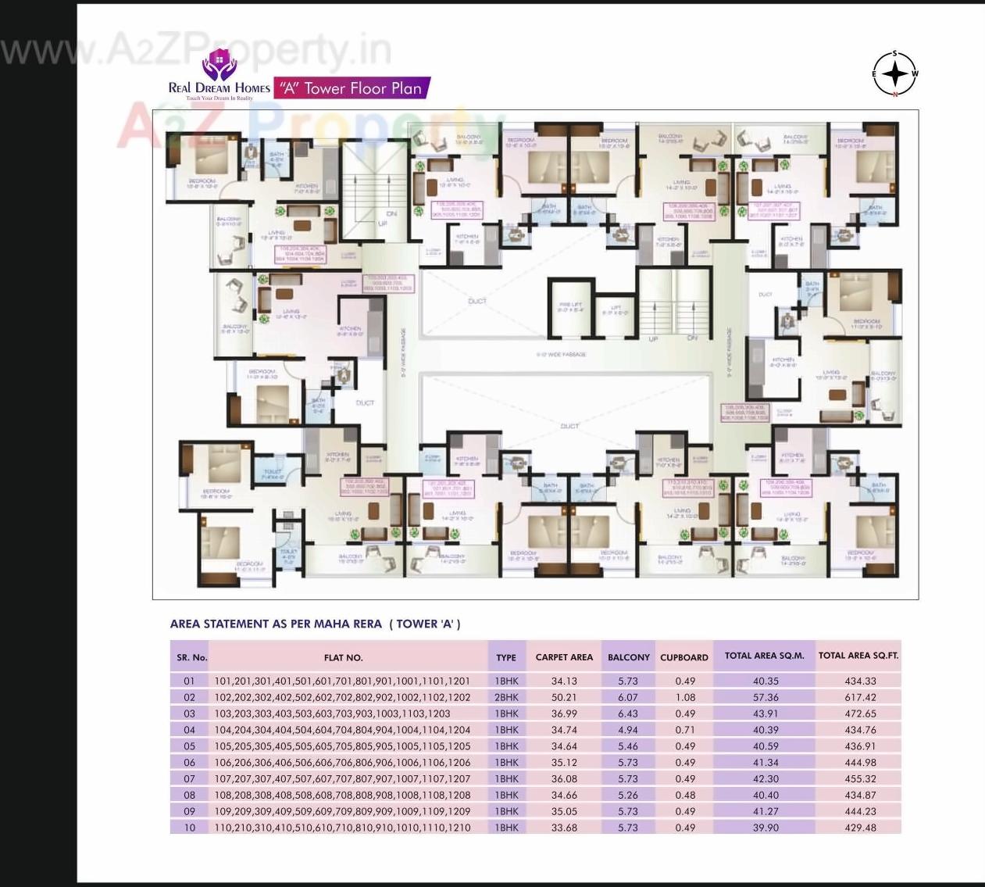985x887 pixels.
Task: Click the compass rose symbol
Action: click(x=895, y=74)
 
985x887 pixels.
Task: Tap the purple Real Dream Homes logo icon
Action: click(x=218, y=65)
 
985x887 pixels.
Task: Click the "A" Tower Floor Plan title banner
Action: click(x=352, y=88)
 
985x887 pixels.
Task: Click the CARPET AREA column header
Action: click(x=564, y=657)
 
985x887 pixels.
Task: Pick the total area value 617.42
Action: click(x=860, y=697)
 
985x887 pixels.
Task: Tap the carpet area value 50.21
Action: click(x=563, y=697)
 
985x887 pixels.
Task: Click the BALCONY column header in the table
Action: click(x=629, y=657)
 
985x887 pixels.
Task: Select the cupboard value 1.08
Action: click(x=685, y=697)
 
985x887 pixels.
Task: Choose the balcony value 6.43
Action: click(x=628, y=714)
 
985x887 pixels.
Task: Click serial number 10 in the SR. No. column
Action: click(x=190, y=828)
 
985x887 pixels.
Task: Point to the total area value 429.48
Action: click(x=860, y=828)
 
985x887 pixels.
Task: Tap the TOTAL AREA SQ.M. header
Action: click(x=764, y=656)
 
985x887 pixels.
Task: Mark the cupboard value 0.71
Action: click(x=685, y=730)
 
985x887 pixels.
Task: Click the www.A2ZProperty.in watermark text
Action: click(x=195, y=51)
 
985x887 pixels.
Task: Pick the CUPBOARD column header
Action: click(x=684, y=657)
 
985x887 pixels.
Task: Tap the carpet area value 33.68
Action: click(x=563, y=828)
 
